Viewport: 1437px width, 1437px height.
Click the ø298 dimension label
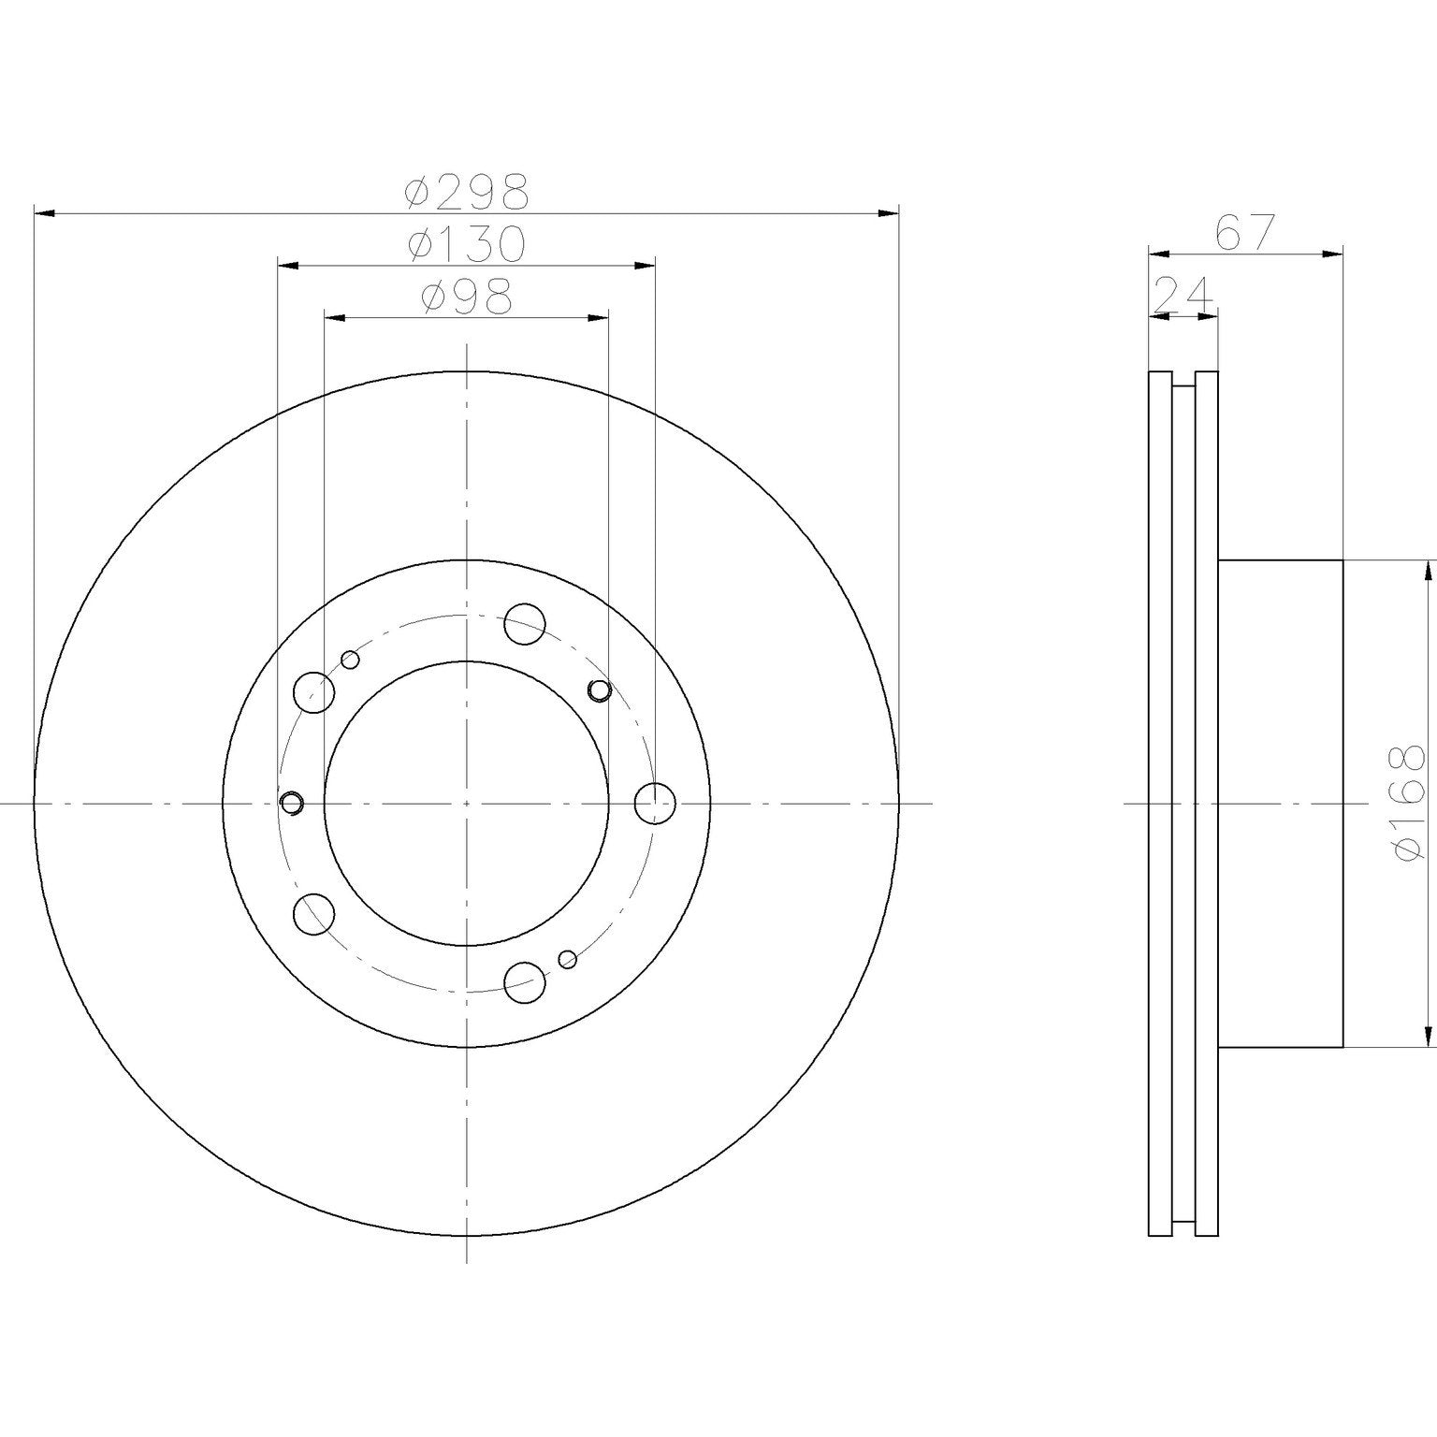(467, 191)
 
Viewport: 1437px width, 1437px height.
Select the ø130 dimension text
(467, 244)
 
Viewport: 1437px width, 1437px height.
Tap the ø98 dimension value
(467, 298)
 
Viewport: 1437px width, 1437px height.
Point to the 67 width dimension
(1245, 233)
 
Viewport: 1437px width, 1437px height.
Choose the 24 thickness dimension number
(1183, 295)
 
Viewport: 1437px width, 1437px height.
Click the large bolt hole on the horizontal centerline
(654, 803)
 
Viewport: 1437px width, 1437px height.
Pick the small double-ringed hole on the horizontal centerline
(292, 803)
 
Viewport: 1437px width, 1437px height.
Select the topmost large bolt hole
(524, 623)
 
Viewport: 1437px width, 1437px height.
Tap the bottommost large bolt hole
(524, 981)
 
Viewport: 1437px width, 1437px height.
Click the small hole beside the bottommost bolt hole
(567, 958)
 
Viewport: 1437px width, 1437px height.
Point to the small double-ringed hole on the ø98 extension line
(599, 690)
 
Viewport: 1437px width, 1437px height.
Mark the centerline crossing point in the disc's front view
(466, 803)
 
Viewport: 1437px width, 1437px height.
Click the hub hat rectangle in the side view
(1280, 803)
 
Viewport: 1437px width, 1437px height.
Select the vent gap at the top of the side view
(1183, 380)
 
